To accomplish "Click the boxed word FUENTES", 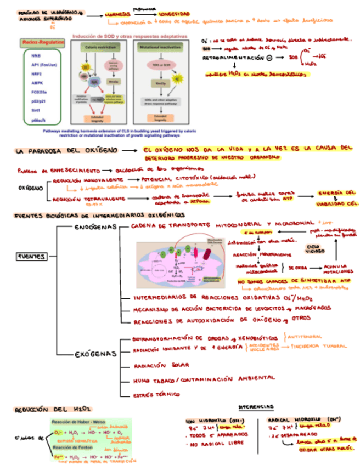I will coord(32,256).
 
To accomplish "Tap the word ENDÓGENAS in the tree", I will coord(95,226).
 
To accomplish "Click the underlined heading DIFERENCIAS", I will coord(256,406).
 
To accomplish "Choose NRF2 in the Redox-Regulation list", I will coord(36,73).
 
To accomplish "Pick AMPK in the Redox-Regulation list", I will coord(37,82).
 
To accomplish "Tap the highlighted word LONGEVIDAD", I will coord(173,13).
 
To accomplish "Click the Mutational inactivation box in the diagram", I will coord(160,48).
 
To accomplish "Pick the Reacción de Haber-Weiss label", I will coord(78,422).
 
